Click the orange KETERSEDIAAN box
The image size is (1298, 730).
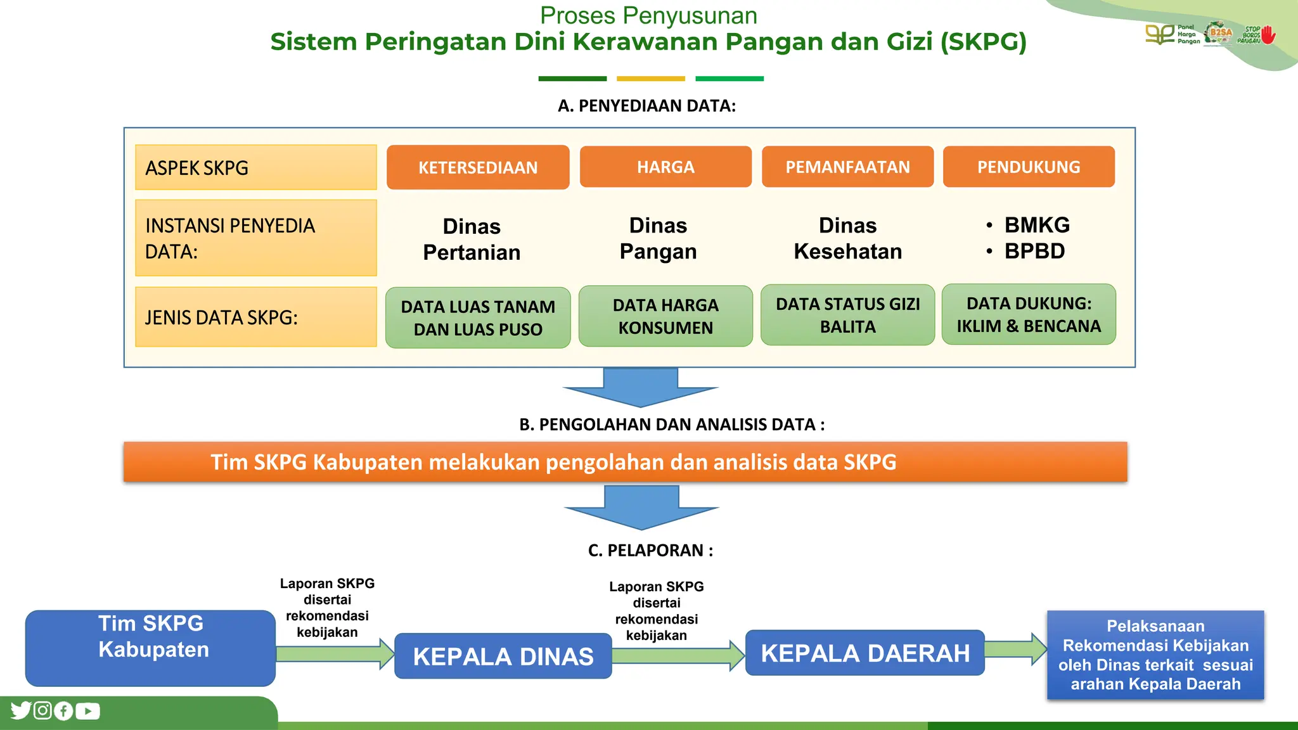point(478,167)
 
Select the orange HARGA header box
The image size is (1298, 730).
point(665,167)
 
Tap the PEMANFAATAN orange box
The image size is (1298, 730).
point(847,167)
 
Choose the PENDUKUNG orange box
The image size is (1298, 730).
point(1029,167)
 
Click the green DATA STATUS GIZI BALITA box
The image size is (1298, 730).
point(847,315)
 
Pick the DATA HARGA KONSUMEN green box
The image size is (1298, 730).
point(665,316)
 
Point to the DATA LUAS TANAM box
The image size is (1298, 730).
point(478,317)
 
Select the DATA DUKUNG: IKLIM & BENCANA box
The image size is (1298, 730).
point(1029,314)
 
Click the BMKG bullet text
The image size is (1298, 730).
point(1036,225)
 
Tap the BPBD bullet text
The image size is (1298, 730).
point(1034,251)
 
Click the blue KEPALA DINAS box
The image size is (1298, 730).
point(503,656)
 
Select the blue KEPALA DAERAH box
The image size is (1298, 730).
point(864,653)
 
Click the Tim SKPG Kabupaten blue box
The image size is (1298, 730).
point(150,648)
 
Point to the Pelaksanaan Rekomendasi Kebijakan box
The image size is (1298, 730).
point(1155,655)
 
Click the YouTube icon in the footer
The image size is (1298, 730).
point(87,711)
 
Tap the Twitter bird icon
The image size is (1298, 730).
point(21,710)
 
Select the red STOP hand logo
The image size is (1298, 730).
point(1268,35)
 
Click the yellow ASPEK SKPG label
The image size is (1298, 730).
point(255,167)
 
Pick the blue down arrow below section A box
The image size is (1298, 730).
point(640,387)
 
